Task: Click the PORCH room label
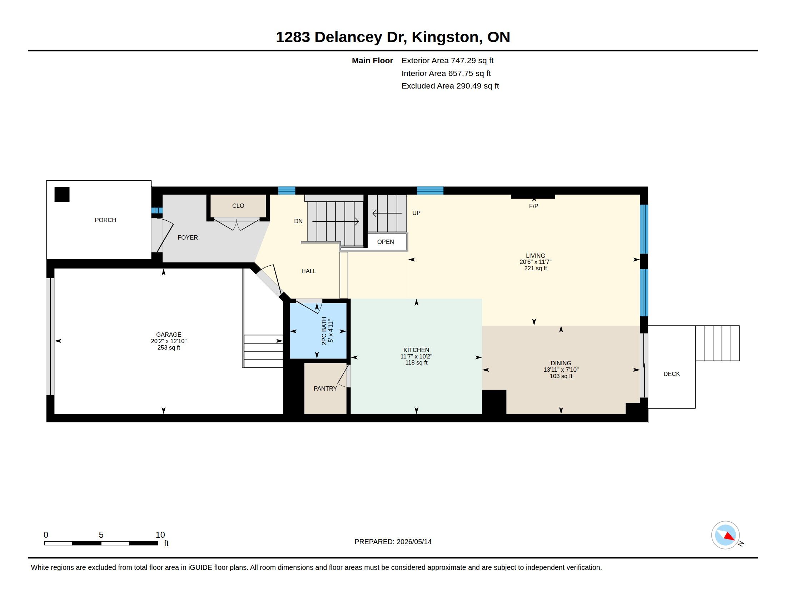[105, 220]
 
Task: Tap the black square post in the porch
[62, 194]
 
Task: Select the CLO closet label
[238, 206]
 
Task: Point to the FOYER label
[188, 237]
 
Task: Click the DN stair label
[298, 221]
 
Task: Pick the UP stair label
[416, 213]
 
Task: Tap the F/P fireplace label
[534, 206]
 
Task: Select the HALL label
[309, 271]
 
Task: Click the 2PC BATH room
[318, 331]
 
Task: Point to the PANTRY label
[325, 388]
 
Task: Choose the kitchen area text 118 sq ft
[416, 362]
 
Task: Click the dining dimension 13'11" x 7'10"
[561, 370]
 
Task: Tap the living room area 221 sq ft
[536, 268]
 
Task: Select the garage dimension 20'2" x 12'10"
[169, 341]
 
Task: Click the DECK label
[672, 374]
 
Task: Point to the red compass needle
[730, 537]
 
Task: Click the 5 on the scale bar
[101, 535]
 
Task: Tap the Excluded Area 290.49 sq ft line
[450, 86]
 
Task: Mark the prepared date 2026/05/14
[414, 542]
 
